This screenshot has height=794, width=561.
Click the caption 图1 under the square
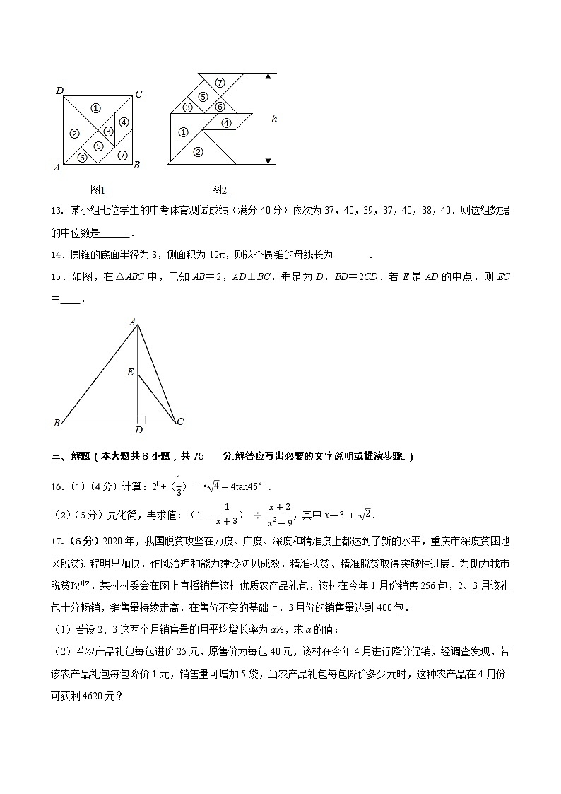[x=98, y=189]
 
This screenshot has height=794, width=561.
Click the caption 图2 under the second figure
[x=219, y=189]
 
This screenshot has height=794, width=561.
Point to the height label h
[x=274, y=119]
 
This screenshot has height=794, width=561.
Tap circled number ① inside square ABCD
[x=97, y=108]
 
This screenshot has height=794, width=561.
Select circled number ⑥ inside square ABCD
[x=82, y=158]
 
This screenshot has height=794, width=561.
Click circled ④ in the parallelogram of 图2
[x=227, y=122]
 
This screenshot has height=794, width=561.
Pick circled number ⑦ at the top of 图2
[x=220, y=83]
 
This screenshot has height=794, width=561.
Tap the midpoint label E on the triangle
[x=130, y=371]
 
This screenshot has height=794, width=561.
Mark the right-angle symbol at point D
[x=141, y=420]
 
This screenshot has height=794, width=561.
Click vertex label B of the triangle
[x=57, y=424]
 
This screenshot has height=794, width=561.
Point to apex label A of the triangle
[x=132, y=322]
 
